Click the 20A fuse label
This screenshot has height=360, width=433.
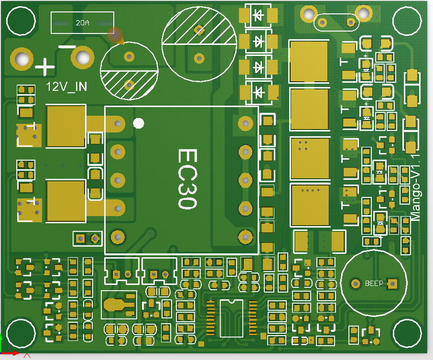click(82, 23)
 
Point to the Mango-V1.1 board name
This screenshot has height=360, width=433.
click(416, 186)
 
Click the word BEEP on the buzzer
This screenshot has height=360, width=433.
click(374, 284)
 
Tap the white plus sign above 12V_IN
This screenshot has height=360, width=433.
click(45, 66)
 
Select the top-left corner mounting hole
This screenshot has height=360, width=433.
click(21, 20)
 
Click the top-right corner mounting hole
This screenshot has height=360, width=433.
click(407, 21)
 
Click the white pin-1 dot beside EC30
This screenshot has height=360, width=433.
click(139, 123)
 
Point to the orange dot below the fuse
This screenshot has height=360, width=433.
click(115, 34)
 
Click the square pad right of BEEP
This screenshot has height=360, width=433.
click(392, 283)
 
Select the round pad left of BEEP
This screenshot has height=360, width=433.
click(355, 283)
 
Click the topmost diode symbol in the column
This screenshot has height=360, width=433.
click(259, 15)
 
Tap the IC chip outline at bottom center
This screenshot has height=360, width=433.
click(230, 317)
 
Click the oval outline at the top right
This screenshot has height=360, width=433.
click(336, 22)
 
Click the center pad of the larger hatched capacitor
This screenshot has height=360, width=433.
click(199, 58)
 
